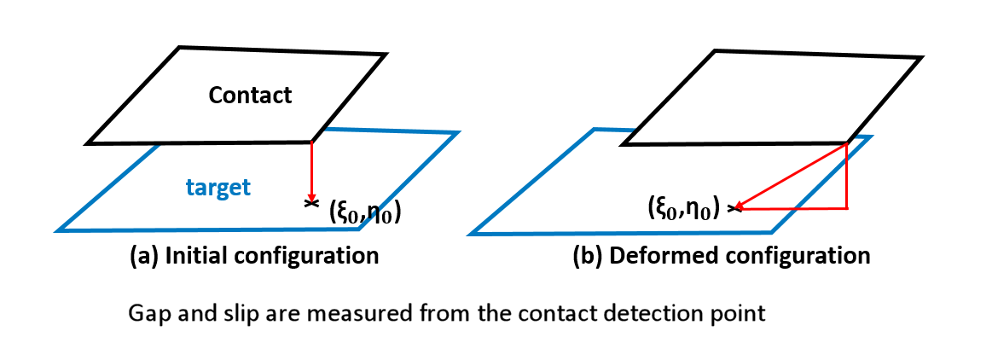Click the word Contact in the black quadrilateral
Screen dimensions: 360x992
(250, 95)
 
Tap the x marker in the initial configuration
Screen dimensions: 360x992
(310, 204)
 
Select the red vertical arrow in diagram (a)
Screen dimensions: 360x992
(312, 171)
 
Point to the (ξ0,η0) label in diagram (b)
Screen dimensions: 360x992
(681, 207)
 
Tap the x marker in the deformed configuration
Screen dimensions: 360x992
(734, 207)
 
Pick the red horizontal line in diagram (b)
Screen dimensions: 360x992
(793, 208)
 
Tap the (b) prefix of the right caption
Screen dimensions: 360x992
(587, 255)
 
